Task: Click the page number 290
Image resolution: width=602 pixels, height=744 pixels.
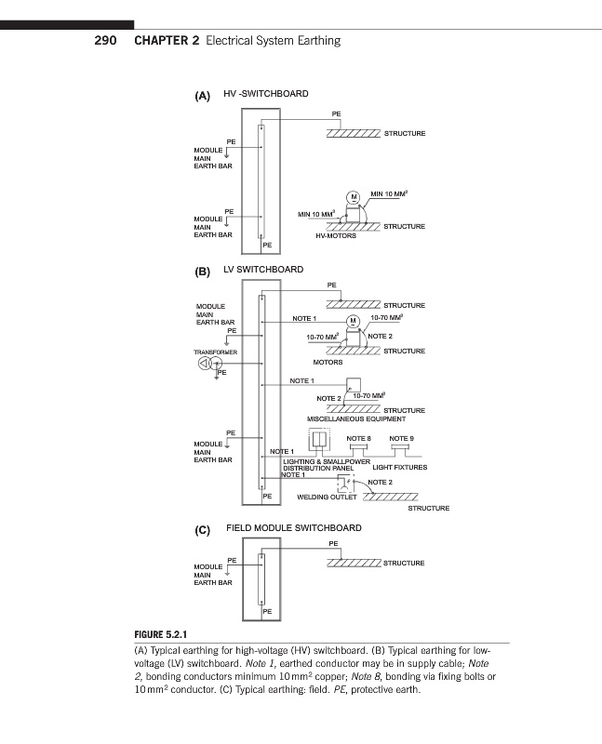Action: click(x=104, y=41)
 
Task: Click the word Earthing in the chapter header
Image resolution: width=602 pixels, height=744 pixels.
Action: click(x=315, y=41)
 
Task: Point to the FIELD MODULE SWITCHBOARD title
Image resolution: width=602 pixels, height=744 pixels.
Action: click(x=294, y=528)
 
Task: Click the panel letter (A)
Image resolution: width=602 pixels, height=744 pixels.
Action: click(x=203, y=96)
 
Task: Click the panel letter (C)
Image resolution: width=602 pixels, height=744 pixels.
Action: click(x=203, y=531)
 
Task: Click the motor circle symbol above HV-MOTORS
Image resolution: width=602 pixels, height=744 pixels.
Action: click(x=353, y=197)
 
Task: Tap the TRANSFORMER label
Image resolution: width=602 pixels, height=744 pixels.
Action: click(x=216, y=352)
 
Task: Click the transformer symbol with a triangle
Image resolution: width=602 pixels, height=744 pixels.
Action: click(x=203, y=364)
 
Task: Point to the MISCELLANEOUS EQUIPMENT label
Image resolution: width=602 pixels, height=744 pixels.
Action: click(x=356, y=419)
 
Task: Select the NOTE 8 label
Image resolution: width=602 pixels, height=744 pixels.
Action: click(x=358, y=437)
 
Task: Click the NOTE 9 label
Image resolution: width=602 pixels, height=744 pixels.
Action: click(x=401, y=437)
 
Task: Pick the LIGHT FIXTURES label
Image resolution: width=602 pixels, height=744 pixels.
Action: click(x=400, y=467)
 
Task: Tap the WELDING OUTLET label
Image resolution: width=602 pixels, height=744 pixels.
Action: click(x=328, y=498)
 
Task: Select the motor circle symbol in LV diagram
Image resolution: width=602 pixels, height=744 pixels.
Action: click(x=353, y=322)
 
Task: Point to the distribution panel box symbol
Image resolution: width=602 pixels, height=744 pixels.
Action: click(x=320, y=440)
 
